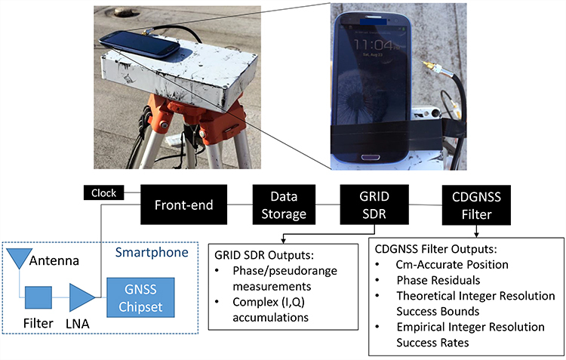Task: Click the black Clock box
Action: (x=103, y=193)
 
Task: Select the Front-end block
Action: (x=183, y=204)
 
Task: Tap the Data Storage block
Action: (x=279, y=205)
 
